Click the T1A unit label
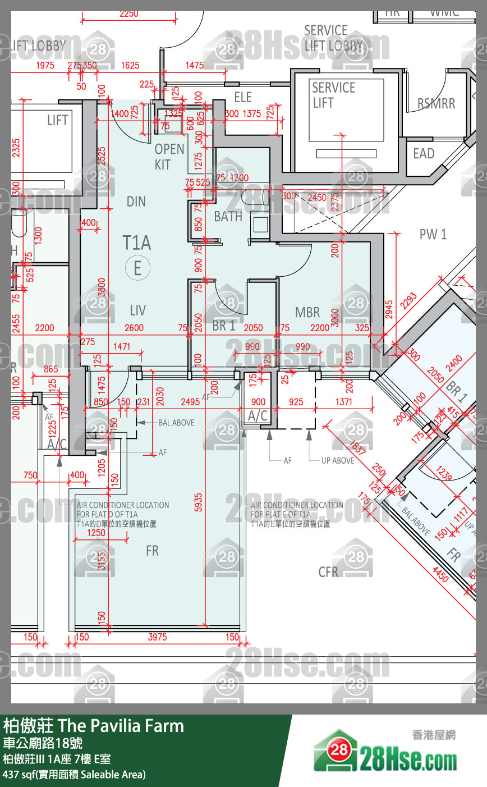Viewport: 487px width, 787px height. [x=137, y=243]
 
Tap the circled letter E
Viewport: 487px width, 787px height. [x=137, y=268]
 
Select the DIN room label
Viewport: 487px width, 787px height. [x=136, y=202]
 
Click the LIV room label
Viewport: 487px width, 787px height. [x=137, y=310]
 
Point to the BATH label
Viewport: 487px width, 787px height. [x=228, y=217]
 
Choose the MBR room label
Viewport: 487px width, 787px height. [x=307, y=313]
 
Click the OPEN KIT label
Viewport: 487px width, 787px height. [x=169, y=157]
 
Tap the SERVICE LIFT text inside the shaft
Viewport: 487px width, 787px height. [x=333, y=95]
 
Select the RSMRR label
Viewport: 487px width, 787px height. [x=436, y=104]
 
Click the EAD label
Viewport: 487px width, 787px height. [x=424, y=154]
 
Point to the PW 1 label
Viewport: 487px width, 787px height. [x=433, y=235]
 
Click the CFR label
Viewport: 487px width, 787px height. [x=328, y=572]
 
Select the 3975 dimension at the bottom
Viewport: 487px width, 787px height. [x=157, y=637]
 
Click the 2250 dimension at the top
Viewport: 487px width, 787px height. [x=128, y=14]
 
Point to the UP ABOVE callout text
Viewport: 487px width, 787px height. [x=338, y=461]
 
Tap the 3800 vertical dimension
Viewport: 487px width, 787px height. [x=102, y=290]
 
